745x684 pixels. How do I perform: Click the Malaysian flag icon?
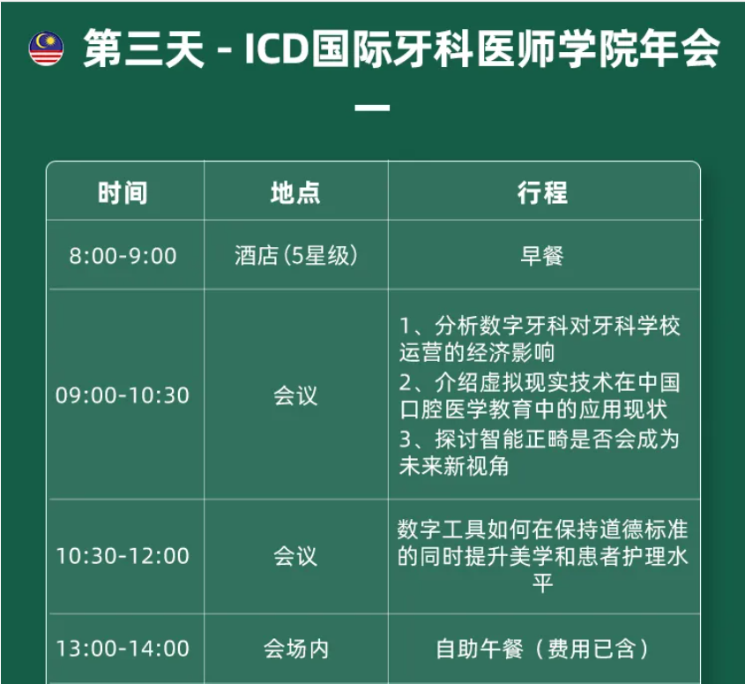[x=46, y=49]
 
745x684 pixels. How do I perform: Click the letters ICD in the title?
[x=276, y=49]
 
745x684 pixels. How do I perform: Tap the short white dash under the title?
[x=372, y=108]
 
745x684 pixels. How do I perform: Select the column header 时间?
[x=123, y=192]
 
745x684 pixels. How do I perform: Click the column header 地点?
[x=295, y=192]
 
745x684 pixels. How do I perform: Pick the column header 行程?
[x=542, y=192]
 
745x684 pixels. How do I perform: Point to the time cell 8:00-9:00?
[x=123, y=256]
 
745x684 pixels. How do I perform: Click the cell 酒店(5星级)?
[x=295, y=256]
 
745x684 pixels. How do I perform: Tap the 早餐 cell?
[x=542, y=256]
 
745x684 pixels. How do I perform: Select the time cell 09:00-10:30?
[x=123, y=395]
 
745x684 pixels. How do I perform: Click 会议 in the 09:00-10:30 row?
[x=295, y=395]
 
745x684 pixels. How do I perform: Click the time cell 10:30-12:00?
[x=123, y=556]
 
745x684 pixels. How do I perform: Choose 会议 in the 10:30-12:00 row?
[x=295, y=556]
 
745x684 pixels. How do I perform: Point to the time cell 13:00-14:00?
[x=123, y=649]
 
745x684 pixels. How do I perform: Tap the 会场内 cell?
[x=296, y=649]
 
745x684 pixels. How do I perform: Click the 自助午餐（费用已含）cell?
[x=542, y=649]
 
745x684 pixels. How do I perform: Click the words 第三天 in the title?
[x=144, y=49]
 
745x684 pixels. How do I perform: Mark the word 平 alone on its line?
[x=542, y=583]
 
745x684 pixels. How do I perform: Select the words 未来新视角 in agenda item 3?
[x=454, y=466]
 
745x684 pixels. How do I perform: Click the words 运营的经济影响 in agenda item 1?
[x=477, y=352]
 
